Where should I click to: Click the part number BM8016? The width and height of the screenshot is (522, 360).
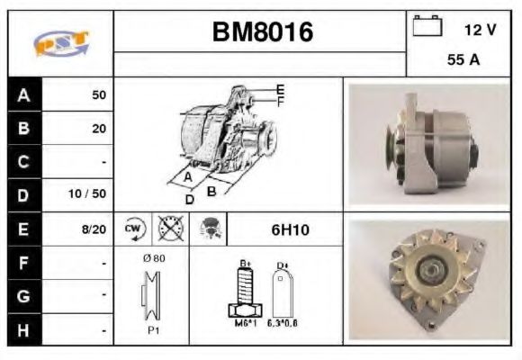coord(262,33)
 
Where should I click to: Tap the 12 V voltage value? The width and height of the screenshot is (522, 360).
coord(480,30)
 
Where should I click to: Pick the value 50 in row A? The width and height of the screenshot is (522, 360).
coord(98,94)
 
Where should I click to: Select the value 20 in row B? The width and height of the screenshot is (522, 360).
coord(98,128)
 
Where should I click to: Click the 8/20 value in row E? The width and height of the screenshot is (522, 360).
coord(94,229)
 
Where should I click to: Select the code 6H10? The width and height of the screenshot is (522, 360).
coord(290,229)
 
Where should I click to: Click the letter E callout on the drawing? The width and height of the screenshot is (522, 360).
coord(280,89)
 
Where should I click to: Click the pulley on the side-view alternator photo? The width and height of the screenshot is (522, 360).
coord(392,145)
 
